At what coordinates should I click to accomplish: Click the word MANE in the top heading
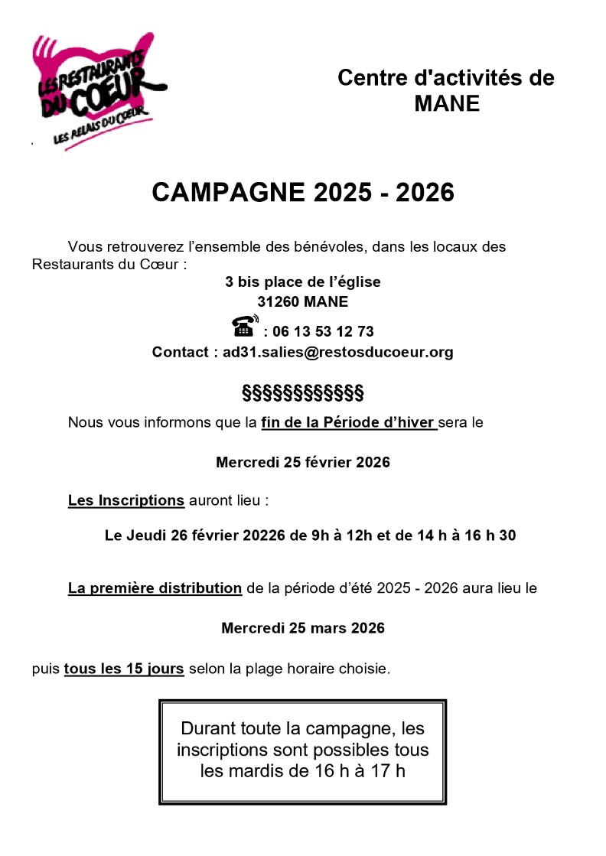tap(446, 103)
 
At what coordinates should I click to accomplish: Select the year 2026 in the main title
tap(425, 193)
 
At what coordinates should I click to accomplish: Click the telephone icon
tap(245, 327)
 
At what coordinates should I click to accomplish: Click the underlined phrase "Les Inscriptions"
tap(126, 500)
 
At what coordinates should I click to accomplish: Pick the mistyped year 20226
tap(264, 535)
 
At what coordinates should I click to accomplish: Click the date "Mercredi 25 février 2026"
tap(303, 462)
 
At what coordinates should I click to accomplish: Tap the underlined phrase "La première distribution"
tap(155, 588)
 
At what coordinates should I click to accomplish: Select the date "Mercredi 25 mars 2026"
tap(303, 628)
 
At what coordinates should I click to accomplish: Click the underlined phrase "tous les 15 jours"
tap(124, 669)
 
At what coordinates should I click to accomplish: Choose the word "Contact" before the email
tap(180, 352)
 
